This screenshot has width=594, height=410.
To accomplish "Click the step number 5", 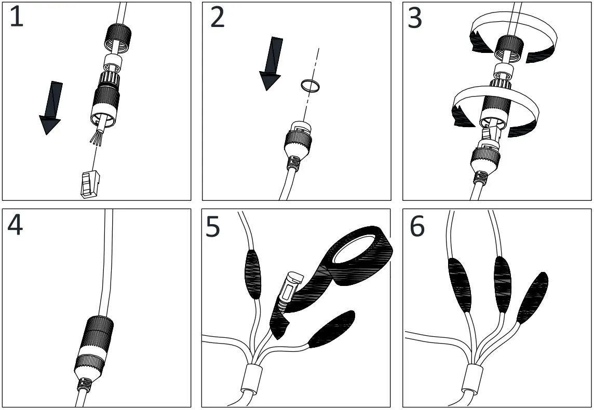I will point(213,227).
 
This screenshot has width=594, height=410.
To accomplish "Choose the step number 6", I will point(417,227).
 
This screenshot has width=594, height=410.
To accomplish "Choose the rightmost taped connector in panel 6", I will point(533,298).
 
